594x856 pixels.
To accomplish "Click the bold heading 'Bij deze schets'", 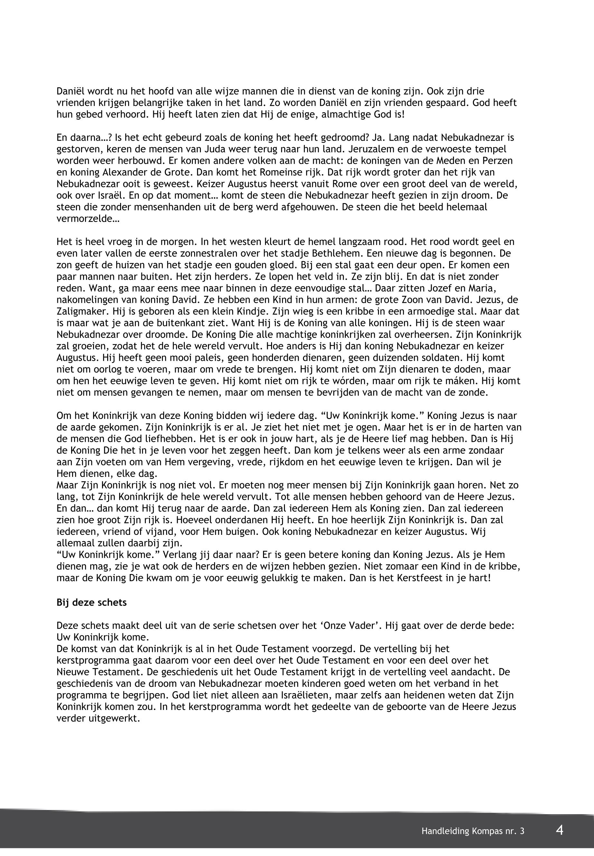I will pos(91,602).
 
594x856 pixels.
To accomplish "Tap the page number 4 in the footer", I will pos(559,830).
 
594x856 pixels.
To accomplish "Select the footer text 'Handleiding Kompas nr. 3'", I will pos(473,831).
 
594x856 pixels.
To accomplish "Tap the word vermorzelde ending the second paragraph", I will pos(88,219).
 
